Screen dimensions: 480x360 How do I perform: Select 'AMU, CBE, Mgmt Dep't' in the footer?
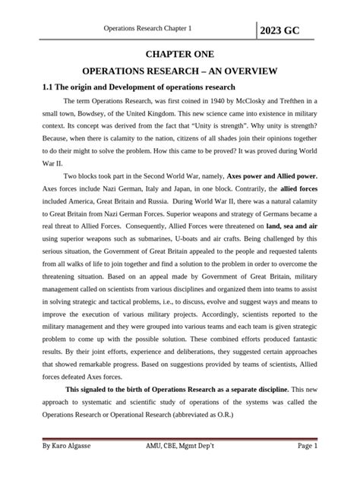pyautogui.click(x=177, y=449)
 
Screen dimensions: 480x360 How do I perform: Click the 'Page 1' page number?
pyautogui.click(x=303, y=449)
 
